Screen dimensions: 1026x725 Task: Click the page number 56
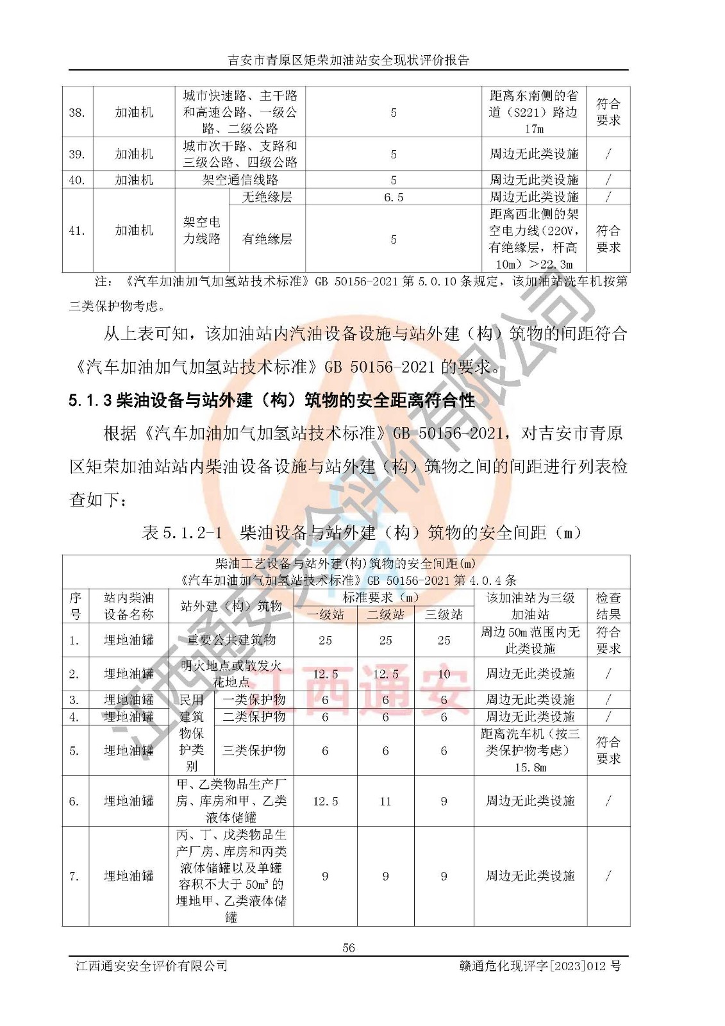coord(349,947)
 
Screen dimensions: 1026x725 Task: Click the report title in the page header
coord(349,60)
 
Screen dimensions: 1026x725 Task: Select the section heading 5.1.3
coord(272,401)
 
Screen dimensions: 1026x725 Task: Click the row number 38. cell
coord(77,112)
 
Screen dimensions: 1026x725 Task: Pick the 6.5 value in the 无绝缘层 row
coord(393,197)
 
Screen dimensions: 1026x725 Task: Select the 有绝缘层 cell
coord(267,239)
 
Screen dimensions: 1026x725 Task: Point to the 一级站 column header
coord(325,614)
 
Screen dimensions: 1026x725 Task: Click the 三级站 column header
coord(444,614)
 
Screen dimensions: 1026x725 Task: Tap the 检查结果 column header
coord(608,606)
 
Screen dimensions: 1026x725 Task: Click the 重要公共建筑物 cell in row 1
coord(231,640)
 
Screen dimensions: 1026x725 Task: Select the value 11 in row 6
coord(385,801)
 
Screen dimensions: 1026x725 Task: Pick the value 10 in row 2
coord(444,674)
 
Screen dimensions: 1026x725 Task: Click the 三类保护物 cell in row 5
coord(254,750)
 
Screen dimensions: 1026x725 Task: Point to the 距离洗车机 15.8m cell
coord(530,750)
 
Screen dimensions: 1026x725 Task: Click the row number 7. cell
coord(74,876)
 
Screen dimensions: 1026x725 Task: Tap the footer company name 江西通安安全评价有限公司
coord(151,966)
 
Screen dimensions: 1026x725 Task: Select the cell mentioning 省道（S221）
coord(533,112)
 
